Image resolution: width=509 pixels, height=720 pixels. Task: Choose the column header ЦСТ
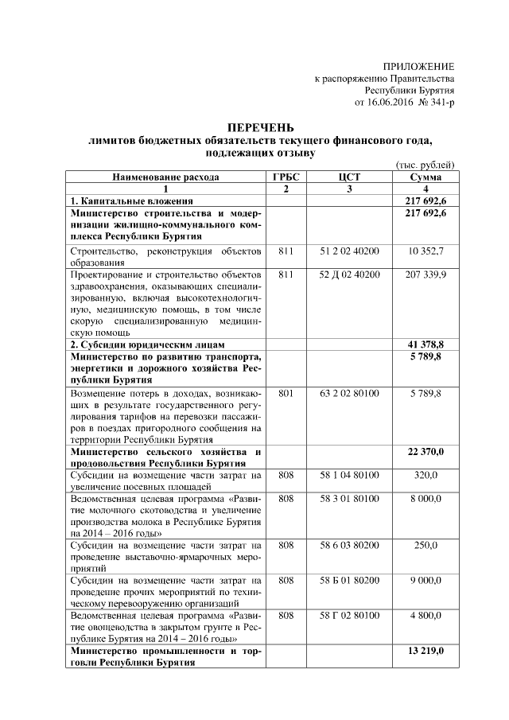pos(349,177)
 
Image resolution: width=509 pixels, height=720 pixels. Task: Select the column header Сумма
pos(425,177)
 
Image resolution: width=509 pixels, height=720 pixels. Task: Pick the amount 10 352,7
pos(426,251)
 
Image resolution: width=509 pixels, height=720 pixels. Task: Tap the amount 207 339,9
pos(426,274)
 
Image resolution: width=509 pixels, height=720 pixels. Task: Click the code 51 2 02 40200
pos(349,251)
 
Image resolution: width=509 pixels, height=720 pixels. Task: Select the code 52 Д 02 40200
pos(349,274)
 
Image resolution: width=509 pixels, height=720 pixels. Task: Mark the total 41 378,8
pos(426,344)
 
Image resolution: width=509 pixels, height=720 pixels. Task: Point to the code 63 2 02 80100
pos(349,393)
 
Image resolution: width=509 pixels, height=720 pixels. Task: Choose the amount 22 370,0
pos(426,452)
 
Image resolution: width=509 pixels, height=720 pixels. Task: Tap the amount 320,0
pos(426,475)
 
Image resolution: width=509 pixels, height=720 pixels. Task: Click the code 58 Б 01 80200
pos(349,581)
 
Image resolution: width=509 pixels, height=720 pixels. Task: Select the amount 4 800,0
pos(426,616)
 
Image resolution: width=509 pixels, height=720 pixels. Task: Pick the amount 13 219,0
pos(426,652)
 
